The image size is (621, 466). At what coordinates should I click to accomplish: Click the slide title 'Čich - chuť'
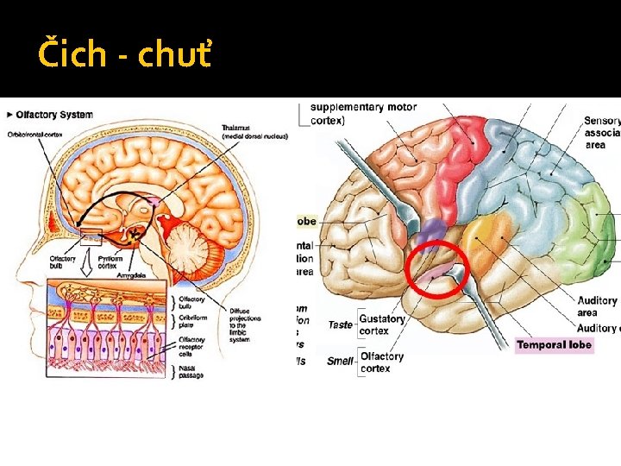122,55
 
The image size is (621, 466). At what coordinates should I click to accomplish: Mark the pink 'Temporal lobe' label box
554,344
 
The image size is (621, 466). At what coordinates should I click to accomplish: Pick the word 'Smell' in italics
340,362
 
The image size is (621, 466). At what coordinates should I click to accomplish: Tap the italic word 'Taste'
340,325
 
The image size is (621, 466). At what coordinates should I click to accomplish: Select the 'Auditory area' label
598,306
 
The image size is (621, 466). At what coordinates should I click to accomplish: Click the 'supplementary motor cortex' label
363,114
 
